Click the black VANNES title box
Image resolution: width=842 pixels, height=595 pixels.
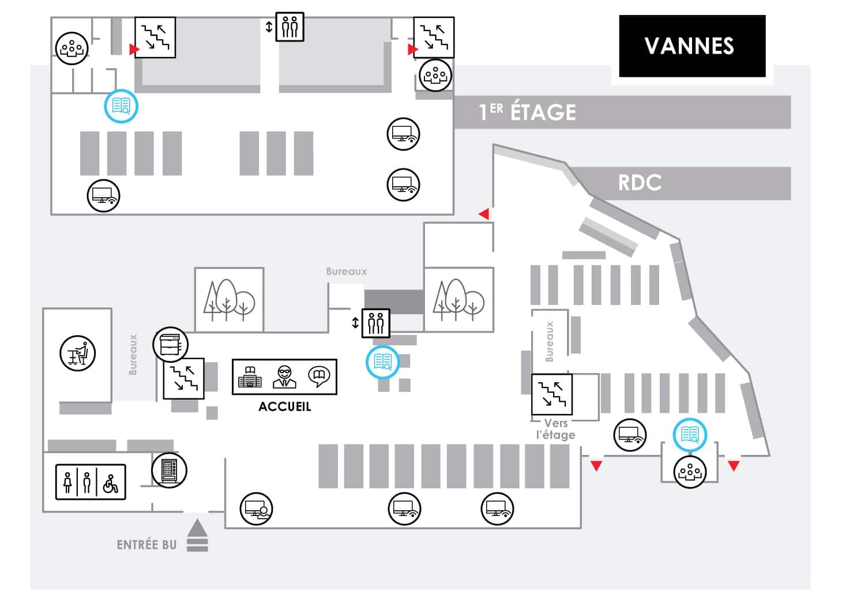coord(692,46)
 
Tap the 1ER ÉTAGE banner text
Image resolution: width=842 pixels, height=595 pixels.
coord(527,112)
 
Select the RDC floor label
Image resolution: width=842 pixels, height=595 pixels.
coord(640,183)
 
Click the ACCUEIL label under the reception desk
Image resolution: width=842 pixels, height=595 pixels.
coord(284,406)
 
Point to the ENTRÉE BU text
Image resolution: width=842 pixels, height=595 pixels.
coord(146,545)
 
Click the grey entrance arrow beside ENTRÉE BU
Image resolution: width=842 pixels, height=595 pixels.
coord(197,535)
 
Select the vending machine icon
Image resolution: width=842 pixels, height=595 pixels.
coord(169,470)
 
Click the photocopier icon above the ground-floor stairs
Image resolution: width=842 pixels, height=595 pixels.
coord(170,345)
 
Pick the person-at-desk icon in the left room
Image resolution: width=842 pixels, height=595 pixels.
coord(78,353)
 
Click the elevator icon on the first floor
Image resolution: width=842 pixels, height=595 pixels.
coord(290,27)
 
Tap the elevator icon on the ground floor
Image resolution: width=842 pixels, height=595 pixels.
coord(376,323)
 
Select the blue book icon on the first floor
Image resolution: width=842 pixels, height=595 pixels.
coord(121,106)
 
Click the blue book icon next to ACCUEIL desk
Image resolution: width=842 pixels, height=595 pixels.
coord(383,362)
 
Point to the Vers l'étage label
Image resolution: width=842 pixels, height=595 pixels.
coord(555,429)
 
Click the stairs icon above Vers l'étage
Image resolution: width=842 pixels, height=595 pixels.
coord(552,394)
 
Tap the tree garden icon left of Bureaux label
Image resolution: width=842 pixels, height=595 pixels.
coord(230,300)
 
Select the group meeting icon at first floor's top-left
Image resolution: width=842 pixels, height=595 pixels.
coord(72,48)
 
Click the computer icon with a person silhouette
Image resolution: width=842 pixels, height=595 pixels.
coord(257,509)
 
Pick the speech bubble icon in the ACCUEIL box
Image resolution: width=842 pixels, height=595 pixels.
coord(319,376)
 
